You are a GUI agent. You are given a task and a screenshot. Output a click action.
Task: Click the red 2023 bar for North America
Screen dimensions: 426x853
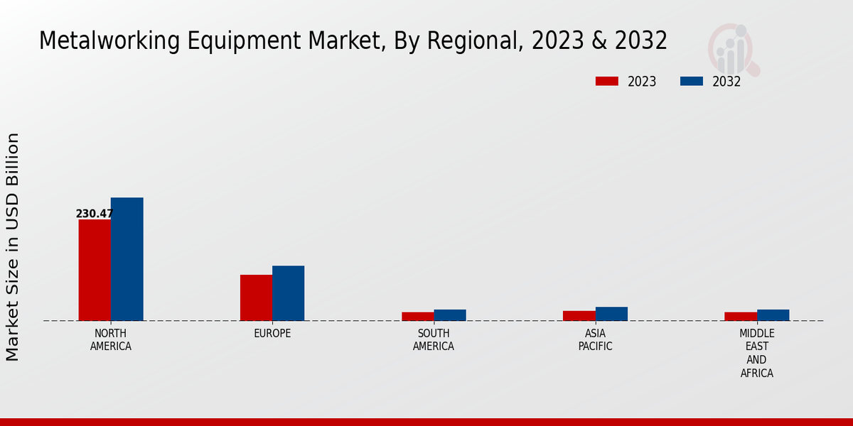pyautogui.click(x=95, y=270)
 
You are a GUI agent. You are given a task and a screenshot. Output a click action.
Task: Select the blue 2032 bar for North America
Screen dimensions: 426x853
pyautogui.click(x=127, y=259)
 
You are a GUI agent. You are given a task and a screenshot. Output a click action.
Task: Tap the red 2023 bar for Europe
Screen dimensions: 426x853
pyautogui.click(x=256, y=297)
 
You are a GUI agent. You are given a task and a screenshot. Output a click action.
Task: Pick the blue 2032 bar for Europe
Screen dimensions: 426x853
pyautogui.click(x=288, y=293)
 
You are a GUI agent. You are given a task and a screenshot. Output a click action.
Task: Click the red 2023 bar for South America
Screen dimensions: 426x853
pyautogui.click(x=417, y=317)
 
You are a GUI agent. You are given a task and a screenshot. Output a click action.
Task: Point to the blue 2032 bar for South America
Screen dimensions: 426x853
pyautogui.click(x=450, y=315)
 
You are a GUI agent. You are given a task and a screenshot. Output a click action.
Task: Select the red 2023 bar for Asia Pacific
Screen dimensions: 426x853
pyautogui.click(x=579, y=316)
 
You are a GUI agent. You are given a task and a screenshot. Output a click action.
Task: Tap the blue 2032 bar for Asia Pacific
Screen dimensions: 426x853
pyautogui.click(x=611, y=314)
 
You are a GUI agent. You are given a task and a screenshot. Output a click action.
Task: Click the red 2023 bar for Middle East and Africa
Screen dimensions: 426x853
pyautogui.click(x=741, y=317)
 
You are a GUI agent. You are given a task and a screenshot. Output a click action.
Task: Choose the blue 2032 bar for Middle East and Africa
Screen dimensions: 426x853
pyautogui.click(x=773, y=315)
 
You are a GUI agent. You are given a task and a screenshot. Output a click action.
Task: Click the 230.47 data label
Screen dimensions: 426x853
pyautogui.click(x=95, y=214)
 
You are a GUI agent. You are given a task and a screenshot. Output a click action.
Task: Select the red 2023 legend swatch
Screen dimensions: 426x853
pyautogui.click(x=606, y=82)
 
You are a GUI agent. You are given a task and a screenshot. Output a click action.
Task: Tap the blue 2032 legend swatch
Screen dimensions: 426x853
pyautogui.click(x=691, y=82)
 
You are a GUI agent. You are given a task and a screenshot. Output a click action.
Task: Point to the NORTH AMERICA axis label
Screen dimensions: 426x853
pyautogui.click(x=111, y=340)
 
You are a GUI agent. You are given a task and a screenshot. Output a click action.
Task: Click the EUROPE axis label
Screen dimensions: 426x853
pyautogui.click(x=272, y=334)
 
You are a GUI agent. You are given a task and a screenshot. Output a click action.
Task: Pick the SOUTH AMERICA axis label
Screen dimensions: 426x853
pyautogui.click(x=434, y=340)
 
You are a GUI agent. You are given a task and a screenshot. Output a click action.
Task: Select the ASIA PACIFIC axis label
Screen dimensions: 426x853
pyautogui.click(x=595, y=340)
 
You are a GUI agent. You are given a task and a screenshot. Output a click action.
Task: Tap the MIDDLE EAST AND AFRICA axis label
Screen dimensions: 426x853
pyautogui.click(x=757, y=354)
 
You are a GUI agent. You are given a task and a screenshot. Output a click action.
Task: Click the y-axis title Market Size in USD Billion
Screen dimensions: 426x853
pyautogui.click(x=13, y=246)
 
